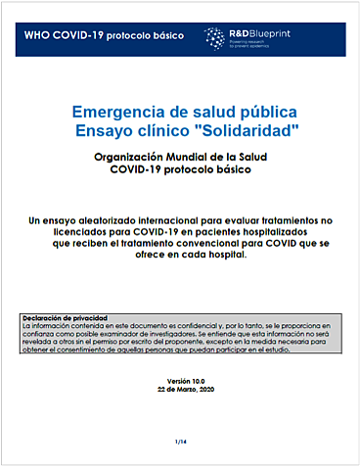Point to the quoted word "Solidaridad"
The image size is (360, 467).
tap(234, 130)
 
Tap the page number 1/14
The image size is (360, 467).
tap(180, 443)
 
